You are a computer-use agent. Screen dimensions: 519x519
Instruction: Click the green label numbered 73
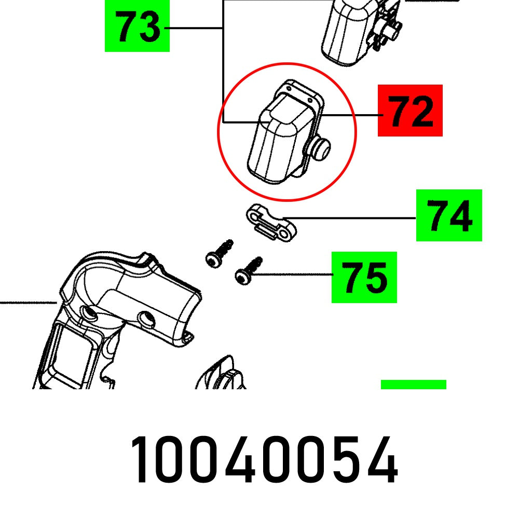[137, 26]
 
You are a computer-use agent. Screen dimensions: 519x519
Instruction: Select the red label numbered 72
[410, 111]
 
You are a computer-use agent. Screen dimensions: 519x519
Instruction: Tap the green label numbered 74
[449, 215]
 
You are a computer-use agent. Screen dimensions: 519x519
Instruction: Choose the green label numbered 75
[364, 277]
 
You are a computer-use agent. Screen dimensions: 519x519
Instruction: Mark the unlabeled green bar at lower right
[413, 384]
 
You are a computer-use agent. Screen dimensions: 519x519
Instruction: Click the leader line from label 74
[353, 218]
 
